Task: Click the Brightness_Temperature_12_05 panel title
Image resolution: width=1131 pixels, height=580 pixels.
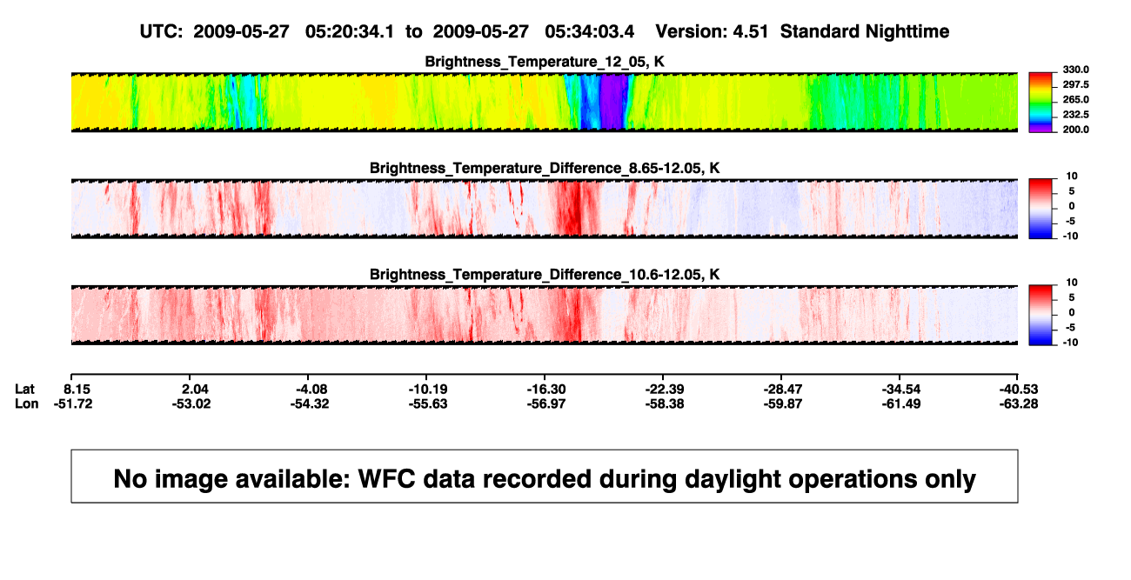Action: tap(545, 62)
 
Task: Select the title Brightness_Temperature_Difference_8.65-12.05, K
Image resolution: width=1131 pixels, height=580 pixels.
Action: tap(545, 168)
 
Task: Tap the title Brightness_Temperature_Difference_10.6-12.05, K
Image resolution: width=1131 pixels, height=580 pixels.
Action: tap(545, 275)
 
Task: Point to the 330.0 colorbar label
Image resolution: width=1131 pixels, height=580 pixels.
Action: tap(1075, 70)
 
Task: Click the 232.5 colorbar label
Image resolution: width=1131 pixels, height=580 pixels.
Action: tap(1075, 115)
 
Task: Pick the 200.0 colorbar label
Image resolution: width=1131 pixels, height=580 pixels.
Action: tap(1075, 130)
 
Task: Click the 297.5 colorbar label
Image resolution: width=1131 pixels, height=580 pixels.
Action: tap(1075, 85)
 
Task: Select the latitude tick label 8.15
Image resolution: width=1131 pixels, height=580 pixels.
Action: tap(77, 390)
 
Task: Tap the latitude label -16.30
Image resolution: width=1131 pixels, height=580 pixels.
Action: tap(546, 390)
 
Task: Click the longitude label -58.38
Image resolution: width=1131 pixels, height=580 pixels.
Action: tap(665, 403)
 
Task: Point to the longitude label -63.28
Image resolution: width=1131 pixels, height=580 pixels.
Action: tap(1019, 403)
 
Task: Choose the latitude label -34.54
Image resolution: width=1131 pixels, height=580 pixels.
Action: tap(901, 390)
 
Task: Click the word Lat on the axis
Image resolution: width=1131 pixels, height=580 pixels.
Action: tap(24, 390)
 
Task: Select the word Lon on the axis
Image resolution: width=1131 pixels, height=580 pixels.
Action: tap(27, 403)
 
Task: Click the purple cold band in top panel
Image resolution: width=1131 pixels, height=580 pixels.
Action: tap(613, 103)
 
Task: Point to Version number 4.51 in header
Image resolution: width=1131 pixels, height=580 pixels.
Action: tap(751, 32)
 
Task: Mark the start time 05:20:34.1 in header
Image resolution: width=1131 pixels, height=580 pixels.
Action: tap(350, 32)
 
